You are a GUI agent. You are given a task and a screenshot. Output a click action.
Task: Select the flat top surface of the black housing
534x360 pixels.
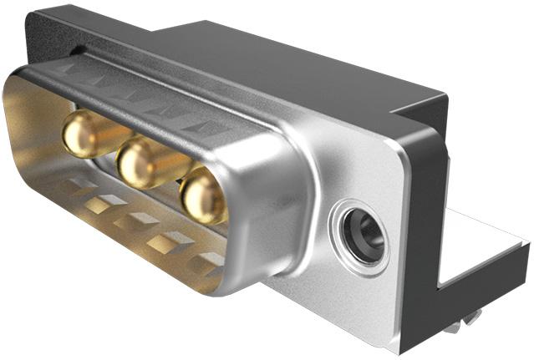[276, 58]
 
